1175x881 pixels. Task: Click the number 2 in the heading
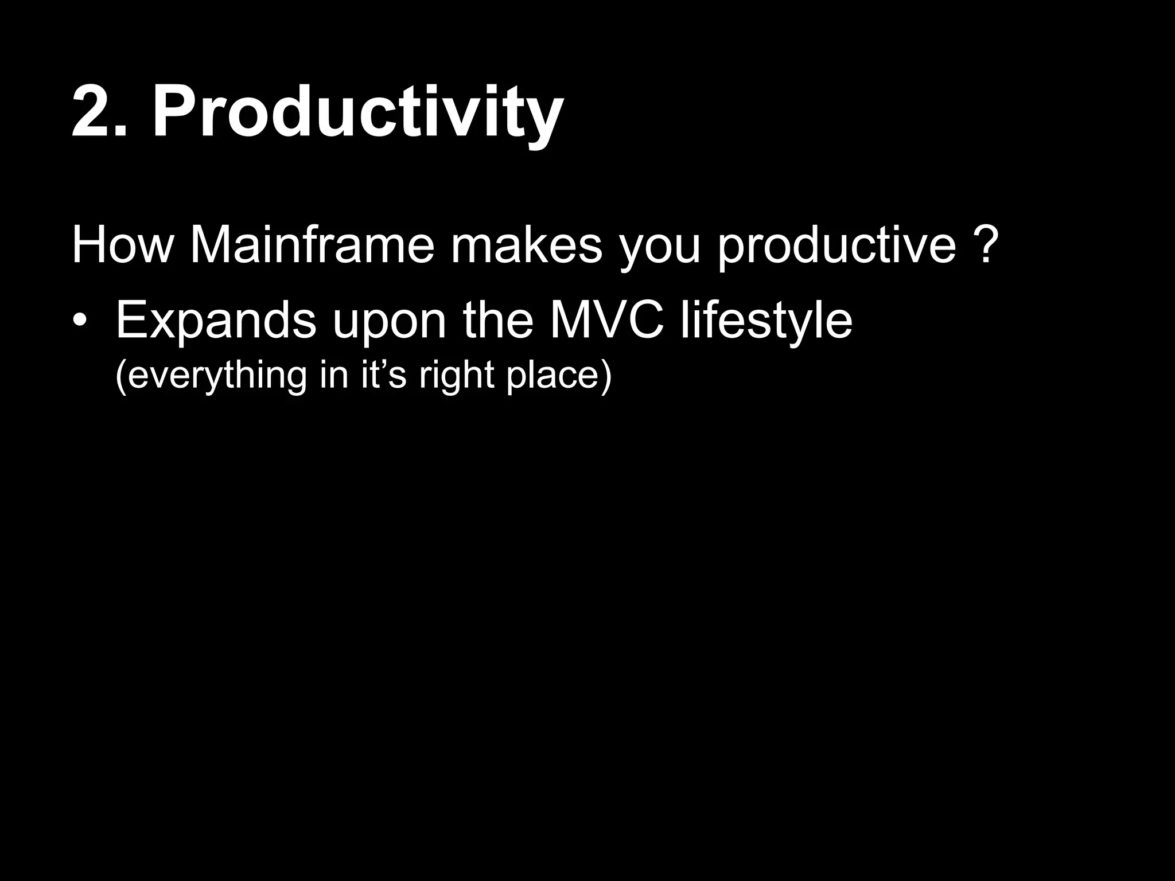(92, 112)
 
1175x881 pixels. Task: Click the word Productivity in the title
(357, 112)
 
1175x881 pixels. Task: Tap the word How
(122, 245)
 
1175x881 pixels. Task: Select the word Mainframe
(312, 245)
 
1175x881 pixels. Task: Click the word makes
(526, 245)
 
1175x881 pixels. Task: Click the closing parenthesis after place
(606, 375)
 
